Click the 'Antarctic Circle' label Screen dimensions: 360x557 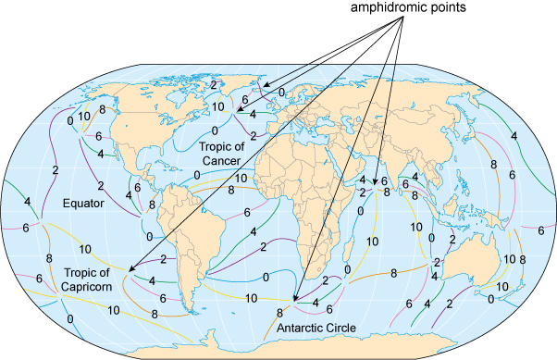coord(316,327)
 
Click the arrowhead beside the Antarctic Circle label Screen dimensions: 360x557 coord(294,302)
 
